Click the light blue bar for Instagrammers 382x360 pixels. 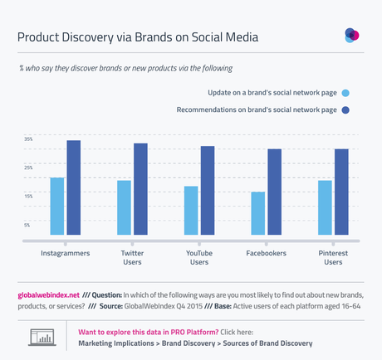click(x=57, y=207)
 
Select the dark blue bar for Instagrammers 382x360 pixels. click(x=74, y=188)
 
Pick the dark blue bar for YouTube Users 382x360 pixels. click(x=208, y=191)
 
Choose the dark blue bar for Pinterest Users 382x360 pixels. click(x=341, y=192)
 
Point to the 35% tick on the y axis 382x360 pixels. click(x=27, y=139)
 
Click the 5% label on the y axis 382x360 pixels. click(x=27, y=225)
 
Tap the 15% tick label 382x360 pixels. click(x=27, y=196)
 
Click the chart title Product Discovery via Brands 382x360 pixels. click(x=138, y=37)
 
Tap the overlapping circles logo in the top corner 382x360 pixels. click(x=352, y=35)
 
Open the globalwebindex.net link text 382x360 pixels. click(x=48, y=294)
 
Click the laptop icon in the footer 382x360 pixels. click(x=42, y=337)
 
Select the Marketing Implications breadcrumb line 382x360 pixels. click(x=196, y=343)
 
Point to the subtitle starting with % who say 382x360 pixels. click(x=125, y=66)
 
